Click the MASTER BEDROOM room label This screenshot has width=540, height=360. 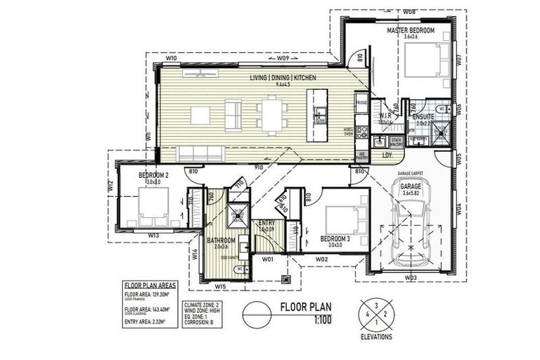click(411, 31)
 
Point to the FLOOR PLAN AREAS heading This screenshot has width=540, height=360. click(150, 285)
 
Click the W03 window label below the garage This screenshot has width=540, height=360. click(410, 278)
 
